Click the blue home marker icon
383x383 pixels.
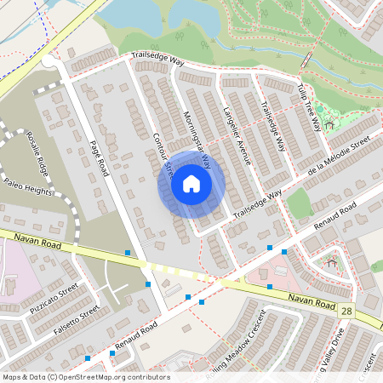point(191,183)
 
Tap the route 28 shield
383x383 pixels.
point(345,312)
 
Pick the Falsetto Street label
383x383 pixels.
point(77,317)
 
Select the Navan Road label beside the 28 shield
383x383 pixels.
point(302,299)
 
